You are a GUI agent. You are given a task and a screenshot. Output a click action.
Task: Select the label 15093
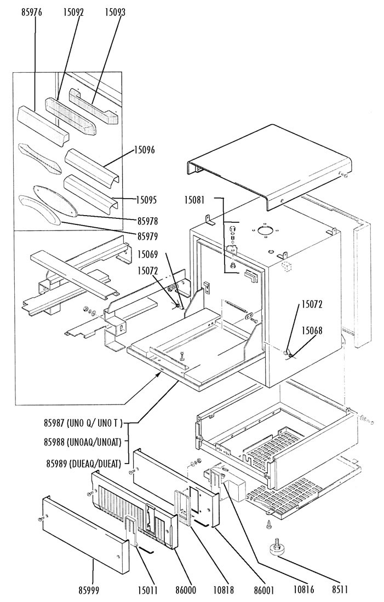(x=115, y=12)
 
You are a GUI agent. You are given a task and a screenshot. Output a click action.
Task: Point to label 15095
(x=147, y=200)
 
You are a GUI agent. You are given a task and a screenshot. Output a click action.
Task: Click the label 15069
(x=148, y=253)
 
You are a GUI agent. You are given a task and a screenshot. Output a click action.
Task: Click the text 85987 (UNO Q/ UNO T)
(x=83, y=422)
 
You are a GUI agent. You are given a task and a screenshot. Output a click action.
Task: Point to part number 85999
(x=89, y=591)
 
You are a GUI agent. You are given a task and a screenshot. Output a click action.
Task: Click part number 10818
(x=223, y=591)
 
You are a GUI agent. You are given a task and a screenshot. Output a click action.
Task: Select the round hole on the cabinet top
(x=264, y=231)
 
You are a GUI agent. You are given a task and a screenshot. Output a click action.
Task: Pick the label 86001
(x=263, y=591)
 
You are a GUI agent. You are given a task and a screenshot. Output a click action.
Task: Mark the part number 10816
(x=303, y=591)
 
